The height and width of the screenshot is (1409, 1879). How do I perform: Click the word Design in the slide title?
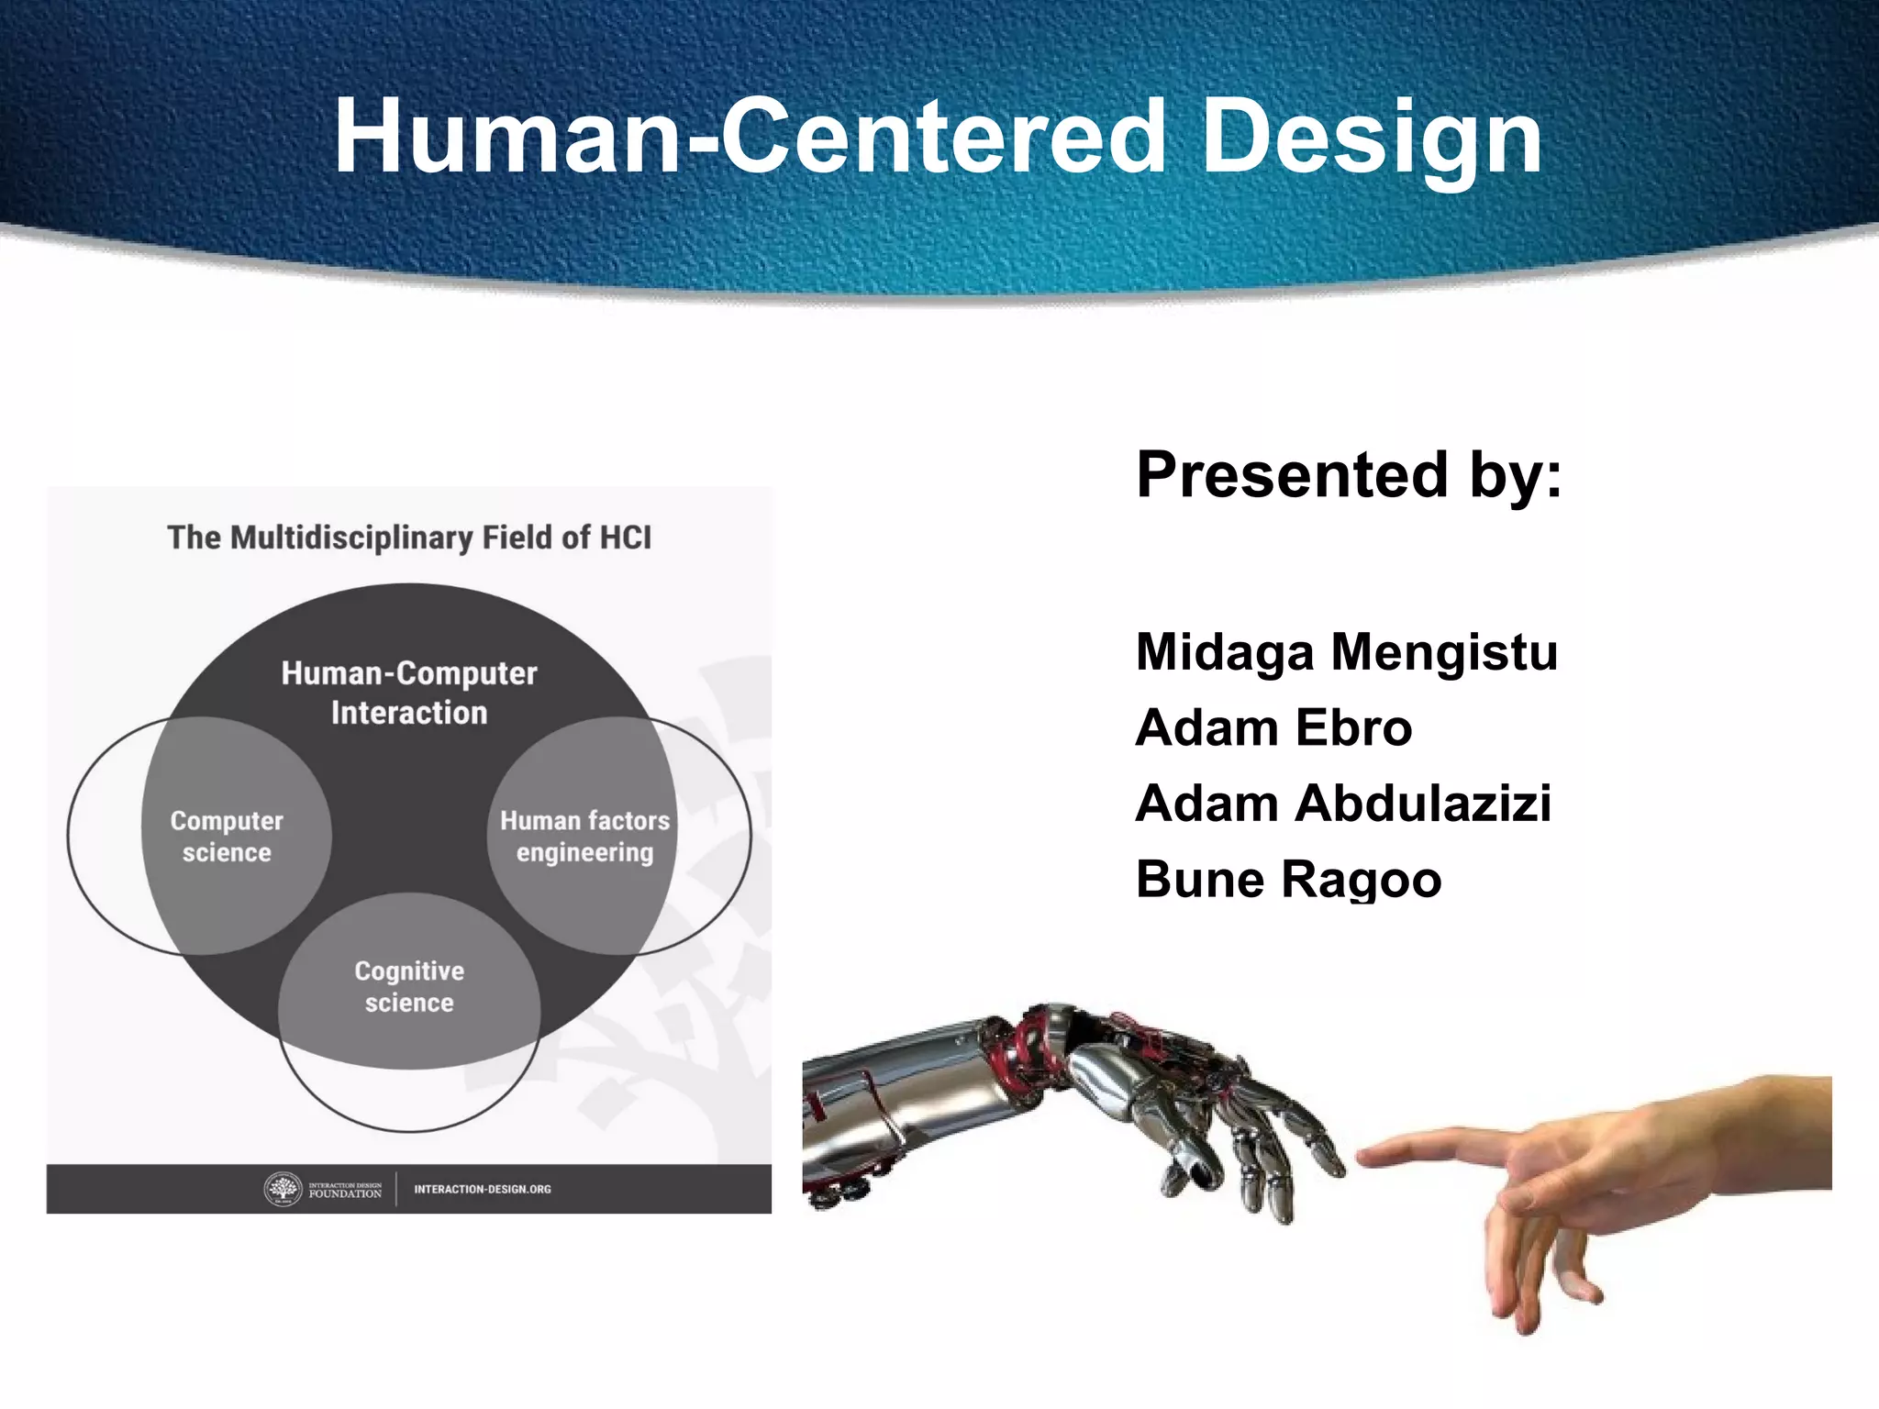point(1372,138)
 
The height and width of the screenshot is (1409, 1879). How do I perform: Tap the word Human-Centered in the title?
point(749,138)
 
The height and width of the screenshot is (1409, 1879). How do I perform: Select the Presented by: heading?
point(1348,475)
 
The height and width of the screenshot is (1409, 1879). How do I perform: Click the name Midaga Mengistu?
point(1346,652)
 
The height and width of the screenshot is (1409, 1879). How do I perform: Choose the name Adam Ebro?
point(1273,728)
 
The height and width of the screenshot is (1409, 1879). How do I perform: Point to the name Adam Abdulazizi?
point(1342,804)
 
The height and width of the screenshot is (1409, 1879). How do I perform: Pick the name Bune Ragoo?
point(1287,880)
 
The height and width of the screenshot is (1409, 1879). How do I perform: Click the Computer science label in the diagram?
point(227,836)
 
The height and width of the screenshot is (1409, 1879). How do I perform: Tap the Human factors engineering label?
point(584,836)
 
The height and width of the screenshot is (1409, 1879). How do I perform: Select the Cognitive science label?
point(409,986)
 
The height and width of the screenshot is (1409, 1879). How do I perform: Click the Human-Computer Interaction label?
point(409,693)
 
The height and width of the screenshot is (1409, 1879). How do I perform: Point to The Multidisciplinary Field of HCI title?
point(409,538)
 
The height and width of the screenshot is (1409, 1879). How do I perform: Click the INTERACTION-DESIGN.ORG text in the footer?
point(482,1189)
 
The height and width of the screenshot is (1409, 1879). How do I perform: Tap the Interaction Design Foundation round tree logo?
point(283,1189)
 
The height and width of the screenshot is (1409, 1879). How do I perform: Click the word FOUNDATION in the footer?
point(345,1194)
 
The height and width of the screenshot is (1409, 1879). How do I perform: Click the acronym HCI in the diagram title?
point(625,538)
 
